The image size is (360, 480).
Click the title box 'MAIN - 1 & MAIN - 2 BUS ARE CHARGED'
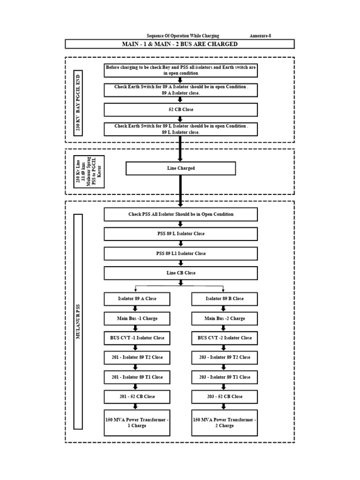pyautogui.click(x=180, y=44)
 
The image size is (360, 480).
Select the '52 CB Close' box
pyautogui.click(x=180, y=110)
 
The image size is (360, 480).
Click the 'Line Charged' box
pyautogui.click(x=180, y=168)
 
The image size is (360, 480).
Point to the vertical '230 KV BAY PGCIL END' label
pyautogui.click(x=78, y=103)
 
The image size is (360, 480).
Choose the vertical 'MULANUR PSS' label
pyautogui.click(x=78, y=322)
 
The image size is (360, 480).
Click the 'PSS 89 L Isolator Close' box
pyautogui.click(x=180, y=233)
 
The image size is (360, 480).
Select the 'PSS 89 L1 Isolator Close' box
pyautogui.click(x=180, y=254)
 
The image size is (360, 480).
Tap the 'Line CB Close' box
pyautogui.click(x=180, y=273)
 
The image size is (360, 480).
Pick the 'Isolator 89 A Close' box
pyautogui.click(x=137, y=299)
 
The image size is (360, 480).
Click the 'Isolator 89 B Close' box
pyautogui.click(x=225, y=299)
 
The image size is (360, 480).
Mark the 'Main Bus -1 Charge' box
pyautogui.click(x=137, y=318)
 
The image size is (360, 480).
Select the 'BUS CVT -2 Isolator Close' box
pyautogui.click(x=225, y=337)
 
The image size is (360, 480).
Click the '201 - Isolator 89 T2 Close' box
pyautogui.click(x=137, y=357)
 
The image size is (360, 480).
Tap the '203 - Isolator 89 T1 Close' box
pyautogui.click(x=225, y=377)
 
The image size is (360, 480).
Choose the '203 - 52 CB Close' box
pyautogui.click(x=225, y=397)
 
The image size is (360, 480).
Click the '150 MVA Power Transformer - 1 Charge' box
pyautogui.click(x=137, y=423)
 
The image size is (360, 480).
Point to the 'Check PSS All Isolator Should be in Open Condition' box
pyautogui.click(x=180, y=214)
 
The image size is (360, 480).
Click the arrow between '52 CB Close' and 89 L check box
pyautogui.click(x=180, y=119)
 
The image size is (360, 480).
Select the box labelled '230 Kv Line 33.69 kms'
pyautogui.click(x=89, y=172)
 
